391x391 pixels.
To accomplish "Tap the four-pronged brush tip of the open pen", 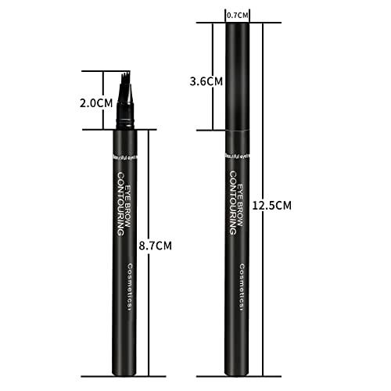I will tap(125, 84).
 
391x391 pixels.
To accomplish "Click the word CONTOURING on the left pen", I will tap(122, 203).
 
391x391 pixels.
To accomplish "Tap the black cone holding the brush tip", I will tap(125, 116).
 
